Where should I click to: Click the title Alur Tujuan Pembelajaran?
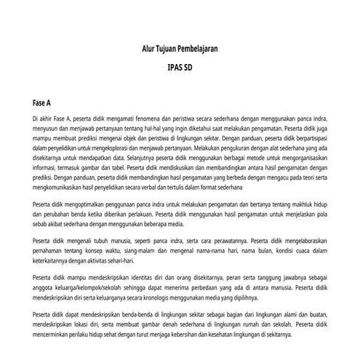(x=180, y=49)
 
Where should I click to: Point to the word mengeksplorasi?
(x=120, y=146)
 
